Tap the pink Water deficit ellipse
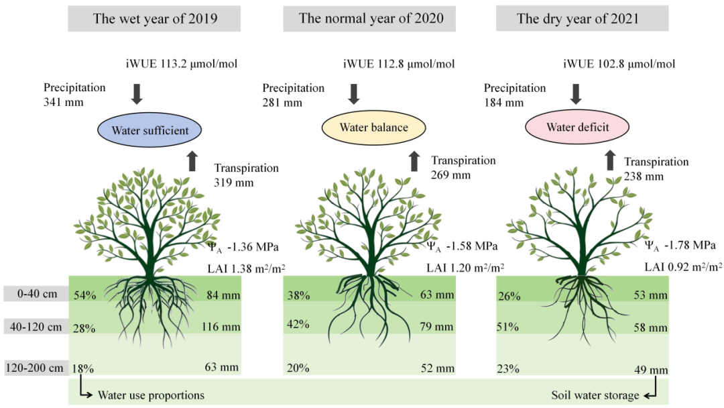point(577,127)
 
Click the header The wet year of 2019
point(155,19)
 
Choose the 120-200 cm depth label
point(35,368)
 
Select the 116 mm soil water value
point(221,327)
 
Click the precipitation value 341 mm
point(60,103)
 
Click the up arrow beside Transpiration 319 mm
point(193,161)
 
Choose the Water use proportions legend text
point(151,395)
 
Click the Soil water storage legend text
point(595,395)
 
